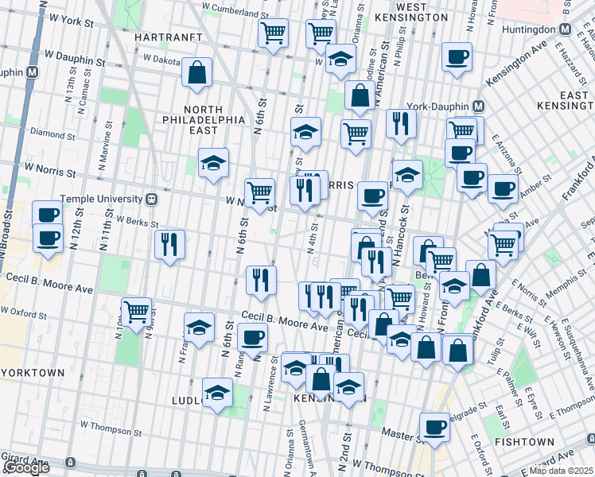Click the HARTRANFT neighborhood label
click(165, 37)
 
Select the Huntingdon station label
click(531, 29)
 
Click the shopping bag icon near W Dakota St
click(196, 72)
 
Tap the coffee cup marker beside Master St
click(434, 427)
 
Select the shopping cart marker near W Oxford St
click(137, 311)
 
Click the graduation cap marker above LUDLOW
click(216, 393)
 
